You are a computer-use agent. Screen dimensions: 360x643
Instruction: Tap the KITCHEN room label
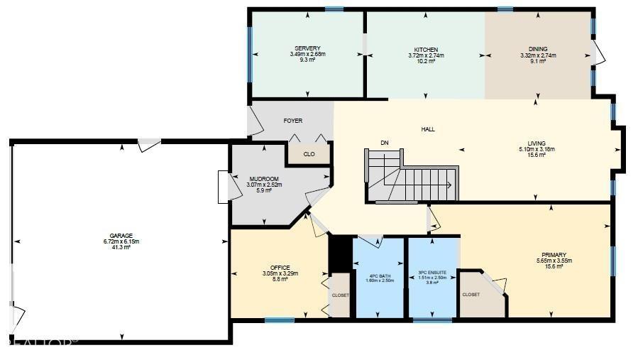click(426, 49)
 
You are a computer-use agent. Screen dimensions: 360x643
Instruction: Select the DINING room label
click(537, 49)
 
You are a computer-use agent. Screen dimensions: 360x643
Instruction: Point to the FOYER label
click(292, 121)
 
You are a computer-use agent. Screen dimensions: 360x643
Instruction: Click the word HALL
click(428, 129)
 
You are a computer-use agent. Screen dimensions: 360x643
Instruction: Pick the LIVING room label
click(537, 143)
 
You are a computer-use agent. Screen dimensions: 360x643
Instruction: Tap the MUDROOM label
click(263, 179)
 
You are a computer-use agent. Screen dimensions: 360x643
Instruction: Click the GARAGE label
click(121, 236)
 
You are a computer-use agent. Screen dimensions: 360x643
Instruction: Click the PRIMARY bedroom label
click(553, 255)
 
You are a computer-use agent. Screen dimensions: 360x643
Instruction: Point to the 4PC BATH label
click(379, 276)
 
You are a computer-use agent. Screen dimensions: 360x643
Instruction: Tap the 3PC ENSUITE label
click(432, 272)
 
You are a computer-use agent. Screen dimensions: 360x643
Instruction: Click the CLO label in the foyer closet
click(309, 153)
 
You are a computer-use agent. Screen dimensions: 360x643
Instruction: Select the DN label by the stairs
click(385, 143)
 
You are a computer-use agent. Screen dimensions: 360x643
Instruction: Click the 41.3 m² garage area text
click(121, 247)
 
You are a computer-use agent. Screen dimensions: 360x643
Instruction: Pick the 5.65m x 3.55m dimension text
click(553, 261)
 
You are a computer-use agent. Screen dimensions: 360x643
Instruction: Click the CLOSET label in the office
click(341, 295)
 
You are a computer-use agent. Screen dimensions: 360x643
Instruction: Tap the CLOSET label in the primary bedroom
click(471, 294)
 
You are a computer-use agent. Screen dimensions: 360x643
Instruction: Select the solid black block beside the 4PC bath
click(340, 253)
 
